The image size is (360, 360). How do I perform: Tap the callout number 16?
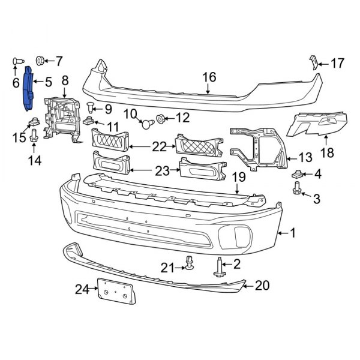click(208, 77)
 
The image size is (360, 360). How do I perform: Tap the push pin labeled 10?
click(146, 124)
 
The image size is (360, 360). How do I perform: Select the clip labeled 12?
click(161, 119)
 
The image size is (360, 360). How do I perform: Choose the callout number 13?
click(305, 158)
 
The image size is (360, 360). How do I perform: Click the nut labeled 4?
click(296, 175)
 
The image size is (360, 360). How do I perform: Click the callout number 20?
click(262, 286)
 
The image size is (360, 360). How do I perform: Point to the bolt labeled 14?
click(34, 136)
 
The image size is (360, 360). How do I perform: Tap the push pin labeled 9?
click(90, 109)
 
